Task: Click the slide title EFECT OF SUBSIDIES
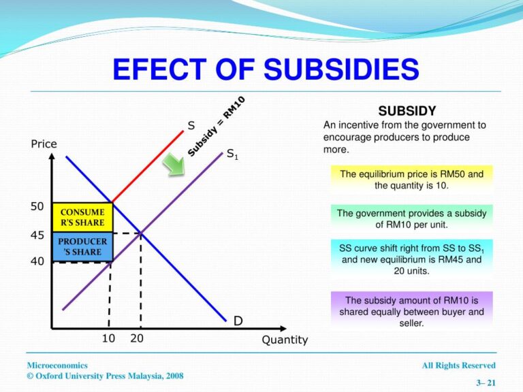[x=265, y=69]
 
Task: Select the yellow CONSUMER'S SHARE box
[x=82, y=217]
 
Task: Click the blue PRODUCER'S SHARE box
[x=82, y=246]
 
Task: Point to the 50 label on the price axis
[x=37, y=206]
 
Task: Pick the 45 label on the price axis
[x=37, y=235]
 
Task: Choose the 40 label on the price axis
[x=37, y=261]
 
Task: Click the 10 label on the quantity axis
[x=108, y=338]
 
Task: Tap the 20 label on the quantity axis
[x=136, y=338]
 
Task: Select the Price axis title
[x=44, y=144]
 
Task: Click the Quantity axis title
[x=285, y=340]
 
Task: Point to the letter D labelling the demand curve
[x=238, y=320]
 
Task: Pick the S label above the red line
[x=191, y=125]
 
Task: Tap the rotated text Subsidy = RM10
[x=216, y=127]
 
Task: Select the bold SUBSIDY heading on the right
[x=407, y=111]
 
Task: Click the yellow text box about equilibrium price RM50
[x=411, y=179]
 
